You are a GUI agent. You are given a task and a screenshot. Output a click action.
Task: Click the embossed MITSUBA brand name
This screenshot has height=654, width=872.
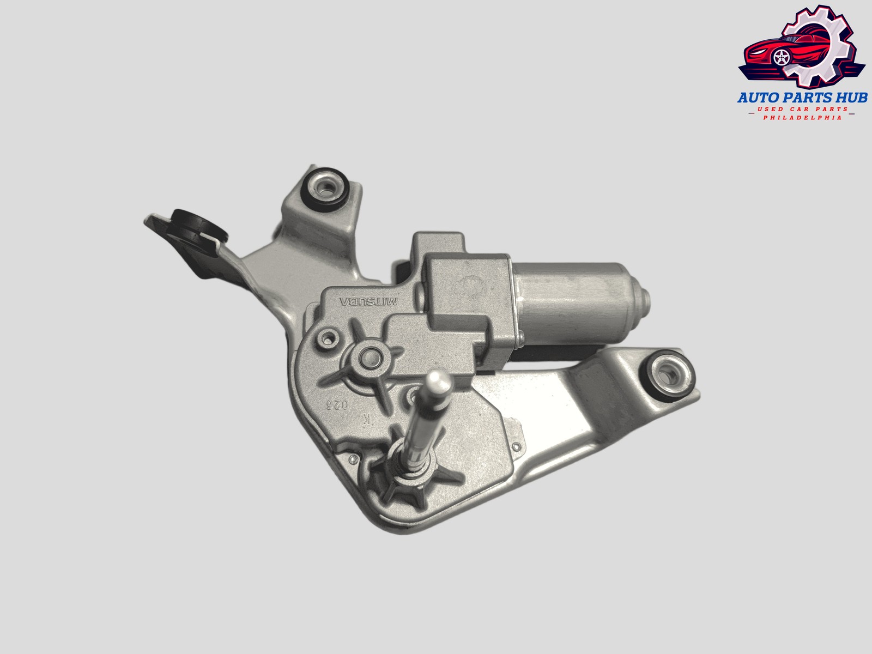[x=368, y=301]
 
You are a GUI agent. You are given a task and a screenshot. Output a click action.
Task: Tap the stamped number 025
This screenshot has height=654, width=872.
[x=337, y=404]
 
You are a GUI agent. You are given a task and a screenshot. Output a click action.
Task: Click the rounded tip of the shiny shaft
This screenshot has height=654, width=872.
[x=436, y=377]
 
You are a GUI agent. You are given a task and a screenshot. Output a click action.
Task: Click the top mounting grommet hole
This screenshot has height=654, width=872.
[x=326, y=190]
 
